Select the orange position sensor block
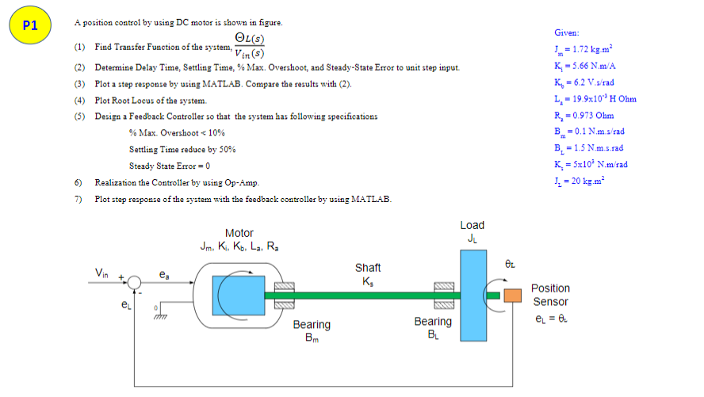click(513, 296)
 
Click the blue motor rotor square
click(238, 295)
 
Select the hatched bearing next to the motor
click(285, 296)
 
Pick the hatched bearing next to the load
click(443, 296)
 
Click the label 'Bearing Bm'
click(312, 331)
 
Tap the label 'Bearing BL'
click(433, 327)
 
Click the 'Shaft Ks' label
click(367, 274)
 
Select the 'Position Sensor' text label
click(550, 295)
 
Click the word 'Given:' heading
click(567, 32)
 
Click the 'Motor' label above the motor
click(239, 233)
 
